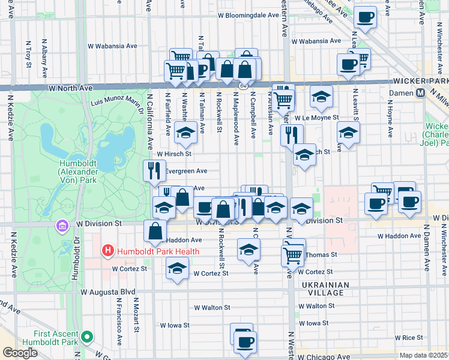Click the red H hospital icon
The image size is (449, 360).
(x=107, y=250)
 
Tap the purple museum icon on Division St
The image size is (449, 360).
(x=62, y=226)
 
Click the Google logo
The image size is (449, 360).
(x=20, y=353)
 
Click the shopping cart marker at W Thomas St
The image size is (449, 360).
(x=292, y=255)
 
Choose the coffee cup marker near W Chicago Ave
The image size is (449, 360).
(x=244, y=343)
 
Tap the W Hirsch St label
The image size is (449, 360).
(x=174, y=154)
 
